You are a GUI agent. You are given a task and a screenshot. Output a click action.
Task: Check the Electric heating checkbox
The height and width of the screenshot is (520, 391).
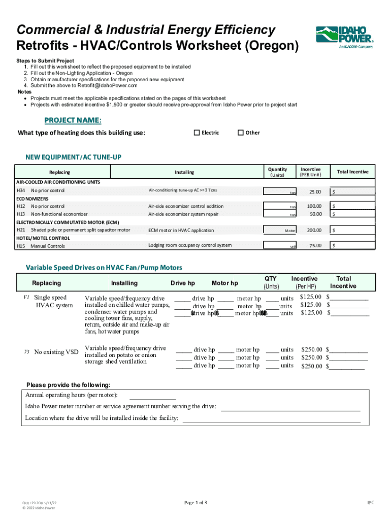coord(197,133)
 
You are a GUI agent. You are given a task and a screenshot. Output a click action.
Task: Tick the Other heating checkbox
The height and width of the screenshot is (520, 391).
coord(241,133)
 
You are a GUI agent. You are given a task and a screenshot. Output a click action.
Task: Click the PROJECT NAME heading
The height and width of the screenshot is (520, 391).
coord(73,120)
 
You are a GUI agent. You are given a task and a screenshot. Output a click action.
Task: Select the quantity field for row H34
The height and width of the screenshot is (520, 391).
coord(280,191)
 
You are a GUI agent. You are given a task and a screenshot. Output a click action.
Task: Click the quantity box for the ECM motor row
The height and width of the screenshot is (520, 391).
coord(280,230)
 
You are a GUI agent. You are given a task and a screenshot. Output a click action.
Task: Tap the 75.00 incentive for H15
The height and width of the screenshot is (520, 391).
coord(315,246)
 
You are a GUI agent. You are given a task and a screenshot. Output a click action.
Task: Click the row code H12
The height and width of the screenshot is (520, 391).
coord(21,206)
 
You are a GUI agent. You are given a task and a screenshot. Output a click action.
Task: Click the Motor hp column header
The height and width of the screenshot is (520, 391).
coord(224,283)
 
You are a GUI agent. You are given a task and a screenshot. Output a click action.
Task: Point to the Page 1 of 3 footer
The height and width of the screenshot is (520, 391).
coord(195,503)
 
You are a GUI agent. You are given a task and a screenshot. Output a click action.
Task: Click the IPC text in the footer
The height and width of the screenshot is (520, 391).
coord(371,503)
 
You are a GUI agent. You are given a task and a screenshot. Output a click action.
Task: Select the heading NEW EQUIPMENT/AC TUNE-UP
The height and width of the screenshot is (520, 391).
coord(73,157)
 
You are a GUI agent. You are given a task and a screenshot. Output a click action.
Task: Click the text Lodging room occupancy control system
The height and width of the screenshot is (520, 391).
coord(190,245)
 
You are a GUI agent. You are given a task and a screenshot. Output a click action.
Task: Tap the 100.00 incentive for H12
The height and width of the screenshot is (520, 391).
coord(313,206)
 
